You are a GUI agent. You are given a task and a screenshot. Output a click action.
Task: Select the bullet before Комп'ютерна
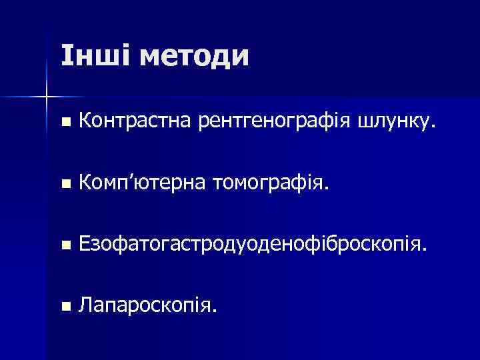pos(64,185)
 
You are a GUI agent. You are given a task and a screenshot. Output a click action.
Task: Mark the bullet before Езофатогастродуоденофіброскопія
pos(64,246)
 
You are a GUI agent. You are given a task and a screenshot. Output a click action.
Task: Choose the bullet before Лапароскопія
pos(64,307)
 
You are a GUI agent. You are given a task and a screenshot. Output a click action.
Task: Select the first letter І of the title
pos(64,56)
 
